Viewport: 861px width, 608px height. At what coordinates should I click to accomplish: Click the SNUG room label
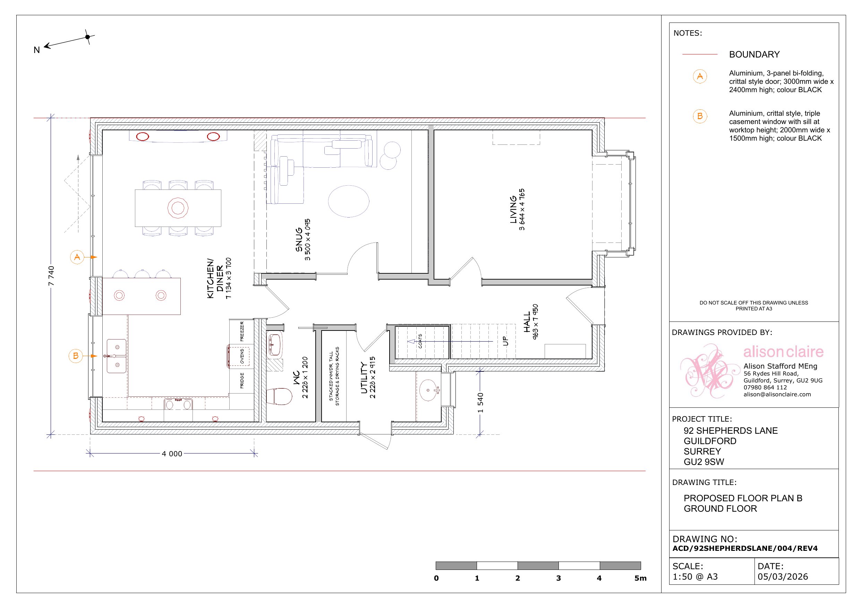pos(299,239)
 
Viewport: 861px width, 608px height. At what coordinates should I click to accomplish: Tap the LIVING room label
pos(513,210)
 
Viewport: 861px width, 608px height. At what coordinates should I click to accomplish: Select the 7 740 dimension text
pos(51,276)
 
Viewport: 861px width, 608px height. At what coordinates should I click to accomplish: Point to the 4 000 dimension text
pos(172,453)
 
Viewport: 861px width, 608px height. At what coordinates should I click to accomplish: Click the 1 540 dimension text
pos(480,403)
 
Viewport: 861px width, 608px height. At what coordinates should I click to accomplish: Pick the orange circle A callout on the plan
pos(77,257)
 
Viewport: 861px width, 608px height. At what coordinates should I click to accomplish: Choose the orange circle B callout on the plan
pos(76,356)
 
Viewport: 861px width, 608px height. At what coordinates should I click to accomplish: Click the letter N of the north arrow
pos(37,50)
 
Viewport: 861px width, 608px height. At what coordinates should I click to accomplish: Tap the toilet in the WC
pos(279,396)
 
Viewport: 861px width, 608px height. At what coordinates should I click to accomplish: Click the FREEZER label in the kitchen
pos(242,331)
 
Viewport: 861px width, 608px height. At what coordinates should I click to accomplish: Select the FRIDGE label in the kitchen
pos(242,380)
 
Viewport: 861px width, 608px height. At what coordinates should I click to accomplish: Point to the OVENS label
pos(242,356)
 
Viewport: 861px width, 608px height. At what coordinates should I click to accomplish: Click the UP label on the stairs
pos(505,341)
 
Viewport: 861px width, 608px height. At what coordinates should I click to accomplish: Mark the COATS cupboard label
pos(420,341)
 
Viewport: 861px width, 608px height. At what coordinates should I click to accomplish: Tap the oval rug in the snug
pos(349,201)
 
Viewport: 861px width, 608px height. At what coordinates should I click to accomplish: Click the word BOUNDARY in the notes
pos(754,55)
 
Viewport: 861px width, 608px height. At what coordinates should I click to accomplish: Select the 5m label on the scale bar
pos(640,578)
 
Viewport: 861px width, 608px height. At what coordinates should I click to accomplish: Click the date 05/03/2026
pos(783,576)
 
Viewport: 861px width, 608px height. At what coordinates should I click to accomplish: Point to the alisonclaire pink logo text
pos(783,352)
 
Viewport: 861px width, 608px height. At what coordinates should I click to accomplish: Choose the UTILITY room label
pos(364,377)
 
